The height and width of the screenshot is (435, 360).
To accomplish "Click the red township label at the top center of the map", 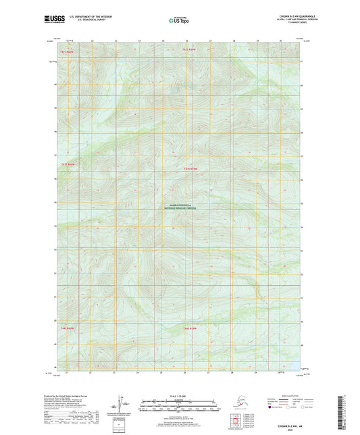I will click(x=188, y=49).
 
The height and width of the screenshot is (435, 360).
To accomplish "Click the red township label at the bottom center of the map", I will click(x=188, y=328).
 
